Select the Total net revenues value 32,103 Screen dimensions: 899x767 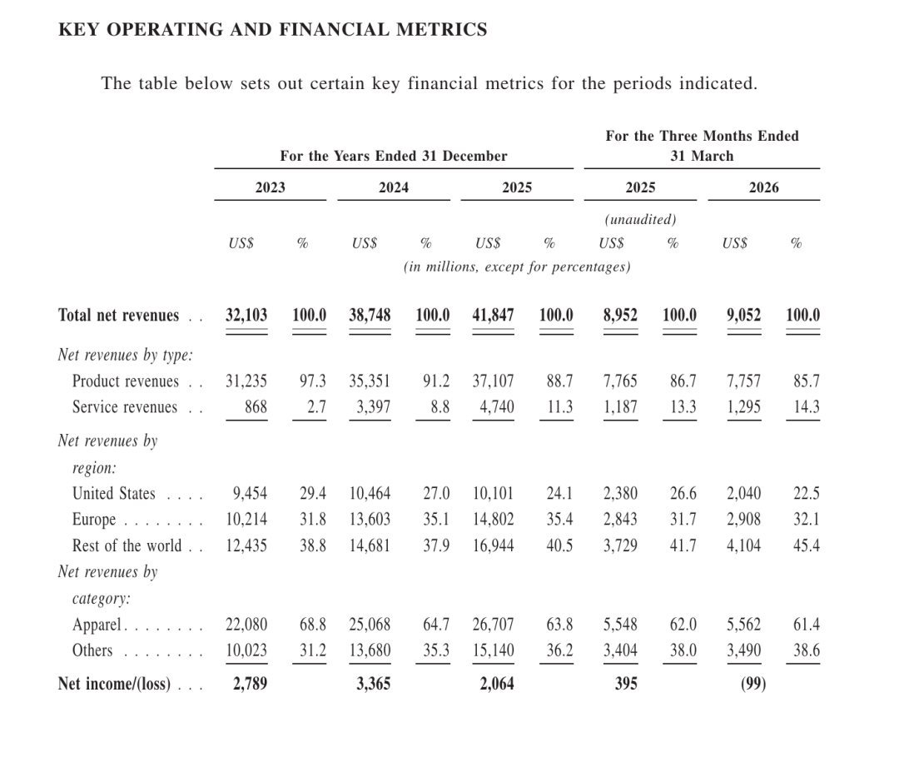[246, 315]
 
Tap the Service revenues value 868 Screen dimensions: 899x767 [256, 406]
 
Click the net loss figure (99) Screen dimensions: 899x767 [753, 684]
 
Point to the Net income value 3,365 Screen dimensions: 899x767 [373, 684]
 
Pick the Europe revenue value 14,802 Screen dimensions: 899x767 [493, 519]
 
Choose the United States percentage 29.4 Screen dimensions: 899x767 [313, 493]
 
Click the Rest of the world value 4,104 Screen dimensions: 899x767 [743, 545]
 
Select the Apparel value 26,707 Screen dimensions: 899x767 [493, 624]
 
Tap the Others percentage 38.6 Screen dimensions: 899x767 [807, 650]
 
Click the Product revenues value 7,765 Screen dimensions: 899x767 [620, 381]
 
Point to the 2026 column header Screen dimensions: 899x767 [763, 187]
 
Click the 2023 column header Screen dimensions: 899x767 [270, 187]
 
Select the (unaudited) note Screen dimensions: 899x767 [640, 220]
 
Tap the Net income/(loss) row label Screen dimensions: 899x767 [114, 684]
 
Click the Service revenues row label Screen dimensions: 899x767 [125, 406]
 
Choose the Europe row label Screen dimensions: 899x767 [94, 520]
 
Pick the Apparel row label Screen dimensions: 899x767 [97, 625]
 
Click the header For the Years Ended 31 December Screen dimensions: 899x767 [393, 156]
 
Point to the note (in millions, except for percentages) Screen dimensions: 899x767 [517, 267]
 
